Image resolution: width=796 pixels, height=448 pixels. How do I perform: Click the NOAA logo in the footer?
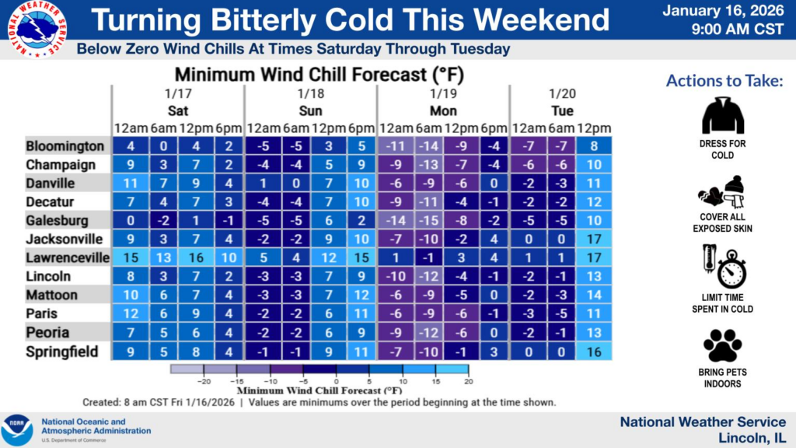pyautogui.click(x=17, y=430)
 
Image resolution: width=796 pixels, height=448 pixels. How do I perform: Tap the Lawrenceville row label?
pyautogui.click(x=67, y=257)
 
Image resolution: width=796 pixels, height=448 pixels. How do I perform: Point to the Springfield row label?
pyautogui.click(x=62, y=352)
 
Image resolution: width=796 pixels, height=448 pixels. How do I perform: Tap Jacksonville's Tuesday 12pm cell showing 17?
pyautogui.click(x=595, y=239)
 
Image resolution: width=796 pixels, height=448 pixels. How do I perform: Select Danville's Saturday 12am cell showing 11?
pyautogui.click(x=129, y=184)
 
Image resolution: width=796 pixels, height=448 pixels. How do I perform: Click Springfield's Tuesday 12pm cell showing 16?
pyautogui.click(x=595, y=352)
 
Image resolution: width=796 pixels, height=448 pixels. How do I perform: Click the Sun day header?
pyautogui.click(x=310, y=110)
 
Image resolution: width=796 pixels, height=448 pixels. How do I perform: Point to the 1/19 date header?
pyautogui.click(x=443, y=93)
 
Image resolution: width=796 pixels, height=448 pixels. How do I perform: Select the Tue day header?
pyautogui.click(x=562, y=110)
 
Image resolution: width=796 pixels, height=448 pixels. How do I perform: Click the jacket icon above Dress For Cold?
pyautogui.click(x=723, y=115)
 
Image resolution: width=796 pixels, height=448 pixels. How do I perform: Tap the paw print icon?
pyautogui.click(x=723, y=345)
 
